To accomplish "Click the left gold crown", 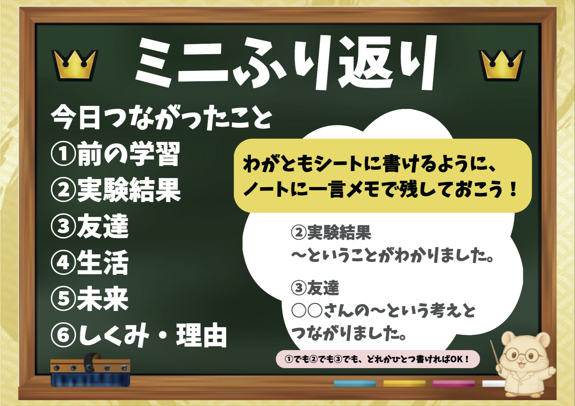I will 75,65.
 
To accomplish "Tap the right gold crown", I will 501,65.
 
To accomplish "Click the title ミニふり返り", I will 287,62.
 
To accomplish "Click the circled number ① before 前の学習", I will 63,154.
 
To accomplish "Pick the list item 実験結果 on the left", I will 128,190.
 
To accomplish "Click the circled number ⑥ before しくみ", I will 63,335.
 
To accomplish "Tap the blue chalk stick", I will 355,383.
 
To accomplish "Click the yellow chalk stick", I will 404,383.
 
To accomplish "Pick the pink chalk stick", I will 453,383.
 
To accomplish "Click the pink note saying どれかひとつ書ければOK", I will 377,359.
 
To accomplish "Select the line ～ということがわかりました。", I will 392,256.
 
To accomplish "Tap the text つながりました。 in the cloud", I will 349,333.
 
